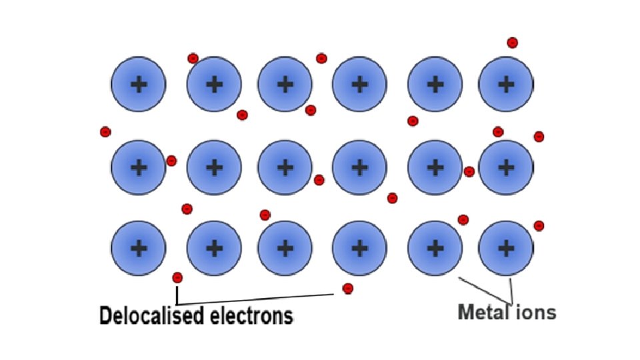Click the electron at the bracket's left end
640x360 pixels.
(177, 277)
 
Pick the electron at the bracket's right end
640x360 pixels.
(347, 288)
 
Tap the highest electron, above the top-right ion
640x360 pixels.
(512, 43)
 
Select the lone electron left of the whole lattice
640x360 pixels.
(105, 131)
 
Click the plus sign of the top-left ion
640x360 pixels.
(139, 84)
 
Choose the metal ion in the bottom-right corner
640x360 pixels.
(506, 249)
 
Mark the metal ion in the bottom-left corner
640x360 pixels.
(139, 249)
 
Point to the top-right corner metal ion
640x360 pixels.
(506, 84)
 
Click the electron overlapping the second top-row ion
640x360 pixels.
(193, 59)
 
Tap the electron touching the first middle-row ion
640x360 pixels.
(171, 161)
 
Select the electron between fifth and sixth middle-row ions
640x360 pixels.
(469, 171)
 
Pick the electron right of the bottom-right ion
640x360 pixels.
(539, 225)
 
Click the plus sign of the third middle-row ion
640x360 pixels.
(285, 167)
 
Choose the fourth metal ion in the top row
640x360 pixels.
(359, 84)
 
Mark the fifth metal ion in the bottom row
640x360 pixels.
(435, 249)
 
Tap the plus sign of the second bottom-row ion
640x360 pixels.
(214, 249)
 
